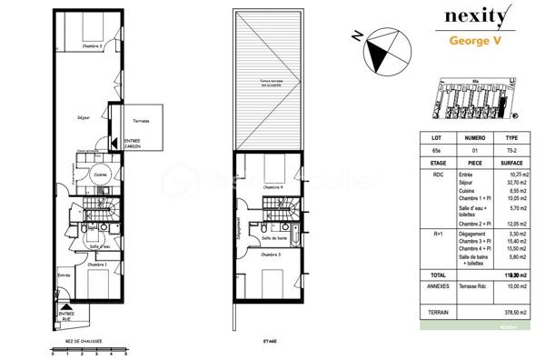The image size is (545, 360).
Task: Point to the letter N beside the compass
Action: [x=358, y=37]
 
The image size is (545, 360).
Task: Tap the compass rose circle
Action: [x=381, y=53]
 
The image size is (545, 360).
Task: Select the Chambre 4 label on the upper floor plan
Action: [x=272, y=187]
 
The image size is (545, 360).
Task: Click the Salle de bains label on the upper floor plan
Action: [x=275, y=238]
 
